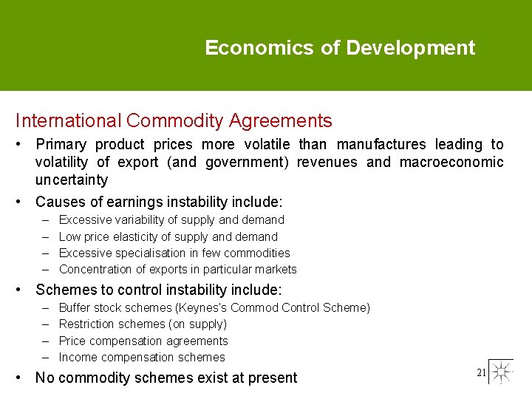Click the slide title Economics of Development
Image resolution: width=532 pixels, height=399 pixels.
pyautogui.click(x=340, y=48)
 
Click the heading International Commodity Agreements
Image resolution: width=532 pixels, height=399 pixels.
pyautogui.click(x=174, y=120)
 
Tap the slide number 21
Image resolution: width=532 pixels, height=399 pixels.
pyautogui.click(x=481, y=372)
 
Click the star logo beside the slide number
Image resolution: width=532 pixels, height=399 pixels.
pyautogui.click(x=501, y=372)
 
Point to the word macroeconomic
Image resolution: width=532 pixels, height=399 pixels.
pyautogui.click(x=451, y=163)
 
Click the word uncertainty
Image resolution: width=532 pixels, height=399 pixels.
pyautogui.click(x=72, y=180)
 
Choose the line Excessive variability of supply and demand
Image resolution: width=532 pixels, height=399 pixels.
pyautogui.click(x=171, y=220)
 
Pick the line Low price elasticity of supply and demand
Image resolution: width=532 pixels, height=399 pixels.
pyautogui.click(x=168, y=237)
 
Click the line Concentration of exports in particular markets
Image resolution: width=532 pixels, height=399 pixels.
pyautogui.click(x=177, y=270)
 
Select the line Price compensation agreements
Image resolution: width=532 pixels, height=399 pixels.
pyautogui.click(x=143, y=341)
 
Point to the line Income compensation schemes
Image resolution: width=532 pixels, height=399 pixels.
pyautogui.click(x=142, y=358)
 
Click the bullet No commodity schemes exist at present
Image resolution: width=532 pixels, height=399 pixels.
pyautogui.click(x=166, y=378)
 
